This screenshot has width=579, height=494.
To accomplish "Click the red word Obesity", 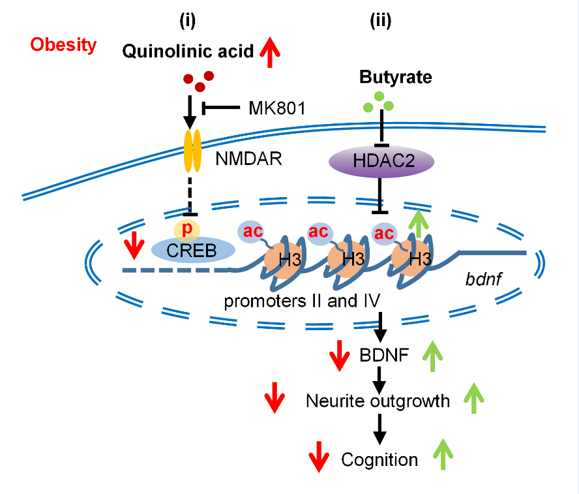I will [63, 45].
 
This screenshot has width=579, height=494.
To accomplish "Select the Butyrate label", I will [395, 78].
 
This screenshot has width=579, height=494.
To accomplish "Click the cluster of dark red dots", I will [198, 82].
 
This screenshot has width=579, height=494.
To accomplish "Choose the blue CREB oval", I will [184, 250].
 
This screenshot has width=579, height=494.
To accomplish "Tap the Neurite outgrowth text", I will [378, 401].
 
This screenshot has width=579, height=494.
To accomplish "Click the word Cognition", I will [379, 459].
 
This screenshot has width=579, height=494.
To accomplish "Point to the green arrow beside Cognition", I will [443, 454].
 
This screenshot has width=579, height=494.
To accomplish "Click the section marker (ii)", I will [381, 22].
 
